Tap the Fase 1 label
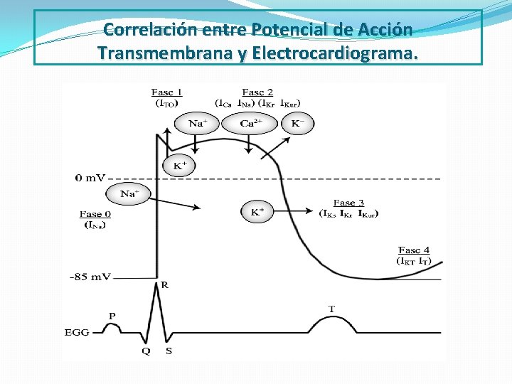[167, 92]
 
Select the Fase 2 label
[257, 92]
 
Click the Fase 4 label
[414, 250]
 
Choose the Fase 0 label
[96, 214]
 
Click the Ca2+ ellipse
[249, 124]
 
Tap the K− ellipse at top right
[297, 124]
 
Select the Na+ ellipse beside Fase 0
[128, 193]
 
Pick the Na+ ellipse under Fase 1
[196, 124]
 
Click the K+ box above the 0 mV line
[179, 166]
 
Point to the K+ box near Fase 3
[257, 211]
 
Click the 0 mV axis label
[91, 178]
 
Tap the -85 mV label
[90, 277]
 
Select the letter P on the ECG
[112, 315]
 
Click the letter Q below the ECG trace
[146, 351]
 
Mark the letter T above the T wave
[331, 309]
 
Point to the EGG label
[77, 332]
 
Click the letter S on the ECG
[169, 351]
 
